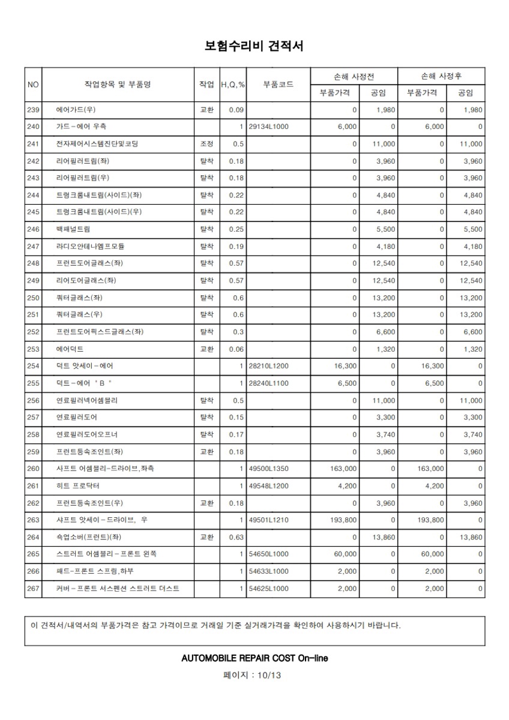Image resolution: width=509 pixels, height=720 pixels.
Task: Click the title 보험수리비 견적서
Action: click(x=254, y=46)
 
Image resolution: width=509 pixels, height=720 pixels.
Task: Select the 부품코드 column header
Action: click(x=278, y=85)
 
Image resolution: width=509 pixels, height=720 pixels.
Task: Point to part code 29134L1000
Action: click(x=268, y=127)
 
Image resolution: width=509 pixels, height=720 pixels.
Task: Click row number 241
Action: click(x=33, y=144)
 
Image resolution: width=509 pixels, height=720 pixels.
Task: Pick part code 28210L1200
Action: click(x=268, y=365)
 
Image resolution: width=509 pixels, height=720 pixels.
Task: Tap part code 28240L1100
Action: click(x=268, y=383)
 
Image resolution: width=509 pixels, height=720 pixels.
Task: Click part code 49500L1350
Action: click(x=268, y=469)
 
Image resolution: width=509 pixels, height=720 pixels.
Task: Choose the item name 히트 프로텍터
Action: click(x=78, y=485)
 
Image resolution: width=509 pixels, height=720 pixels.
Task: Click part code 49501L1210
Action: click(x=268, y=520)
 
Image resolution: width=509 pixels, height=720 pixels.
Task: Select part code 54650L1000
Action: click(x=268, y=554)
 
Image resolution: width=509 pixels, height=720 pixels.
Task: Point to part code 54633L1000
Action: click(x=268, y=571)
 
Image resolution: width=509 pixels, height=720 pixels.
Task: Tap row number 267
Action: click(x=33, y=589)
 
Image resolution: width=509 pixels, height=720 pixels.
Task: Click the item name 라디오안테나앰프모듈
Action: click(x=90, y=246)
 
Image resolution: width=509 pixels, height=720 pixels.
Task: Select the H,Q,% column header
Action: click(x=233, y=85)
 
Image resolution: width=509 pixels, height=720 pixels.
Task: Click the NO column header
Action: click(x=33, y=85)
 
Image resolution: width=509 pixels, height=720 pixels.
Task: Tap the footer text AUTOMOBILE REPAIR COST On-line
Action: click(x=254, y=658)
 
